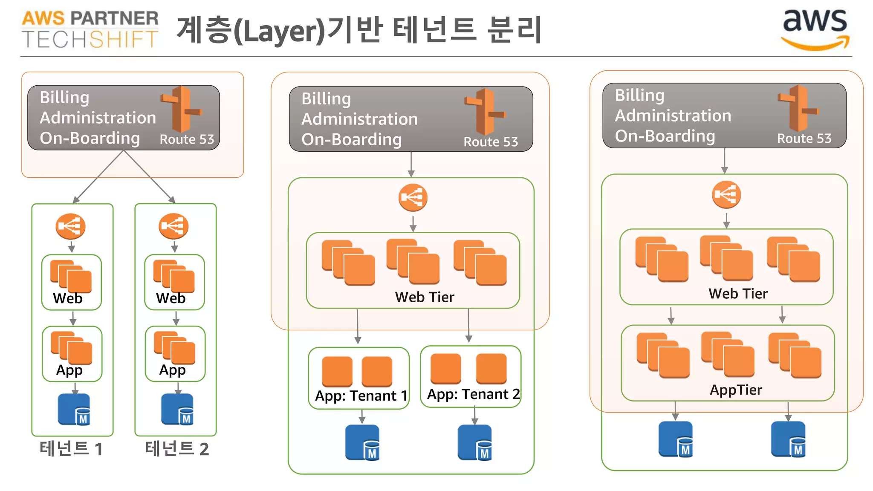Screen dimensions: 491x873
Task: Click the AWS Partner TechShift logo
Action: click(x=90, y=29)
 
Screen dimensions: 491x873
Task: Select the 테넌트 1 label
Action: click(x=71, y=449)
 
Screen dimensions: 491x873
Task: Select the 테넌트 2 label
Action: click(x=176, y=449)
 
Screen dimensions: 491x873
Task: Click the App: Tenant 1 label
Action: click(x=361, y=396)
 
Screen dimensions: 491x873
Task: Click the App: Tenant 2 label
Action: click(x=473, y=394)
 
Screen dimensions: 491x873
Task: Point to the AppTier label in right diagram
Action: click(x=736, y=390)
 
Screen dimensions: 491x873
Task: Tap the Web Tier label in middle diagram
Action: click(x=425, y=297)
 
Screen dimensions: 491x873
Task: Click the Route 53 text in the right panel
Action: click(x=804, y=139)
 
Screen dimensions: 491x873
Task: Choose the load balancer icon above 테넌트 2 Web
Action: click(x=173, y=226)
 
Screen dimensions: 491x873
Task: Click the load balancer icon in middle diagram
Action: click(x=413, y=198)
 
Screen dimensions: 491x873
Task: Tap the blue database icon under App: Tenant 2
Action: click(x=475, y=442)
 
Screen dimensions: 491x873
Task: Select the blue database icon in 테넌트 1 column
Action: click(x=74, y=410)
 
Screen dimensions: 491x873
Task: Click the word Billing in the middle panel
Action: click(x=326, y=99)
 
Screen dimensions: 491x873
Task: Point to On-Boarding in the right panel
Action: click(x=665, y=136)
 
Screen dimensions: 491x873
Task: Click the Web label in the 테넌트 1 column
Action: click(x=67, y=298)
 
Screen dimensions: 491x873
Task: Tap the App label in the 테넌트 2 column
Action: click(x=172, y=370)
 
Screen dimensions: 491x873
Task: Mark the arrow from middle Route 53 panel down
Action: click(x=411, y=164)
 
